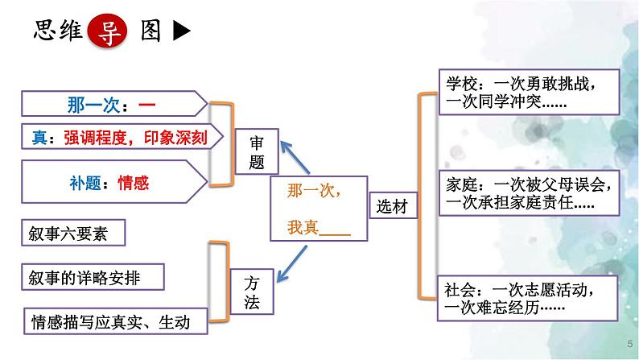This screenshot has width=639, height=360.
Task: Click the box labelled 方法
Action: [251, 291]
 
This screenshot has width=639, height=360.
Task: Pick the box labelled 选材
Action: [392, 206]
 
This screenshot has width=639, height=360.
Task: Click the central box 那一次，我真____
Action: [318, 209]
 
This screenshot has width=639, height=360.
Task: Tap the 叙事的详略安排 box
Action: [90, 276]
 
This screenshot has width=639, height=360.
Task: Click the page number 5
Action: [629, 345]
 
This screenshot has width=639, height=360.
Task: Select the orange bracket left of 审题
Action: [218, 144]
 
